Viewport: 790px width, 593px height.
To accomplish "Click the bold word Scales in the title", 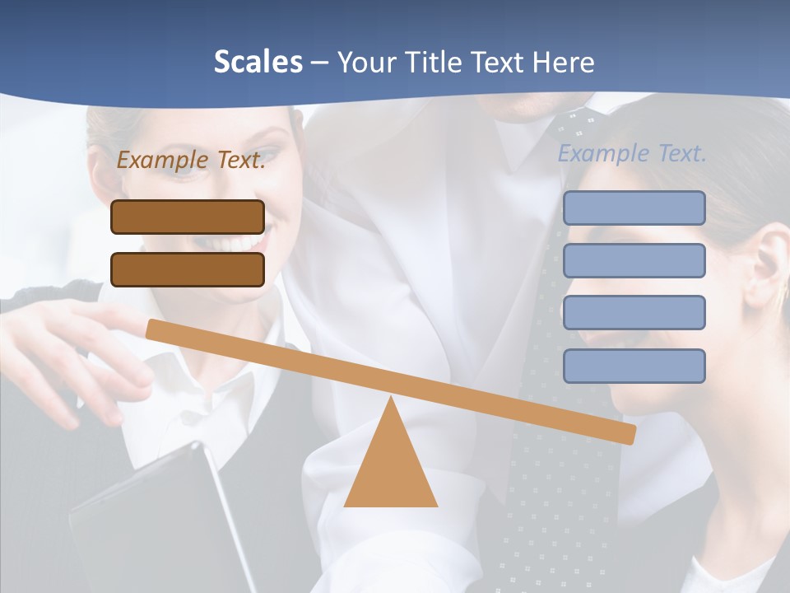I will click(x=258, y=62).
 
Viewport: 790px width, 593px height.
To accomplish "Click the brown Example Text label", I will click(x=191, y=161).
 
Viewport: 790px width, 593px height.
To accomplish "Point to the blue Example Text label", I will click(x=632, y=153).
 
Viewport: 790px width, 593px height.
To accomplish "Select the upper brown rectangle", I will click(x=188, y=217).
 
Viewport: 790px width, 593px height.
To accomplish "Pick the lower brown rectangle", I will click(x=188, y=269).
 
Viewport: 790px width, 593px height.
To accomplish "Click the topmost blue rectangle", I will click(x=634, y=208).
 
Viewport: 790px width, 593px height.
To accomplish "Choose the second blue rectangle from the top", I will click(x=634, y=260).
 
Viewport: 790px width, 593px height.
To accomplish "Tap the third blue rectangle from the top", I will click(x=634, y=313).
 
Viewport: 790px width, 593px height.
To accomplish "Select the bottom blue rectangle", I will click(x=634, y=366).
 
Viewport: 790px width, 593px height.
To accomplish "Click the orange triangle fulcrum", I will click(x=390, y=469).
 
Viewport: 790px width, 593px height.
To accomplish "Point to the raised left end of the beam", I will click(x=153, y=329).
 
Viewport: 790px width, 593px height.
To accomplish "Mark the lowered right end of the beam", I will click(x=629, y=433).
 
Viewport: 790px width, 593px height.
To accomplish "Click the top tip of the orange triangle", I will click(x=390, y=400).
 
